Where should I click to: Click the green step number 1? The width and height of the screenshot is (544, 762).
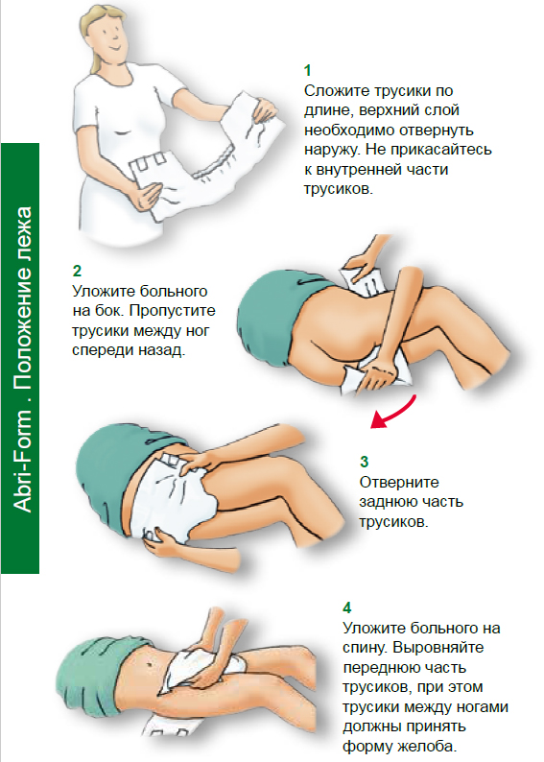tap(307, 71)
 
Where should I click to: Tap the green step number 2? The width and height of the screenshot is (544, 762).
tap(77, 271)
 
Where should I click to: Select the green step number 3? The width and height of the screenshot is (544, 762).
tap(365, 462)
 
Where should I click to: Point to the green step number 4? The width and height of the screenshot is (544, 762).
tap(346, 607)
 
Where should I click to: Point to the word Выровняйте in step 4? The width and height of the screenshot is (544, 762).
tap(438, 648)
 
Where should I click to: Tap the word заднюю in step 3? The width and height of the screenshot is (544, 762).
tap(388, 503)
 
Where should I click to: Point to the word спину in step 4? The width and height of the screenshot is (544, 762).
tap(365, 649)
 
